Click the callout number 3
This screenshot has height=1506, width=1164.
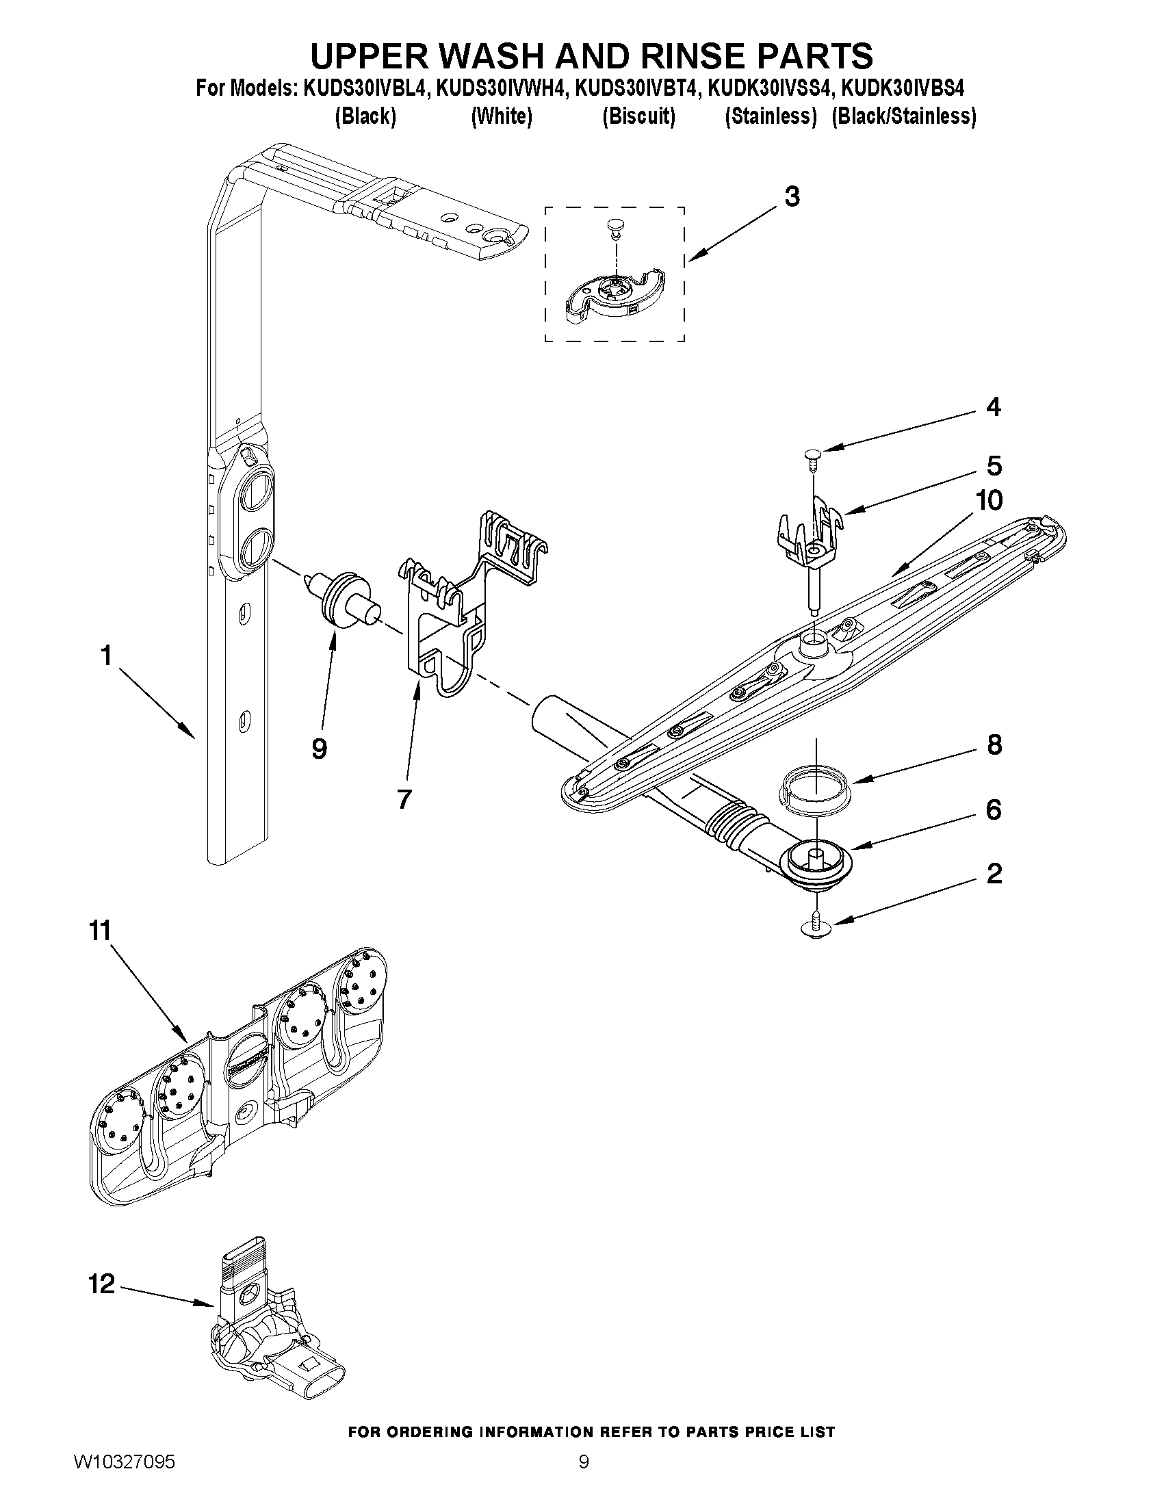click(x=792, y=197)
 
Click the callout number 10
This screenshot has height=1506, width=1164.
click(x=989, y=501)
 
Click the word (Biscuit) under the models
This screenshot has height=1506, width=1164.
click(x=638, y=116)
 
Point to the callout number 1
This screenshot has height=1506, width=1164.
click(x=106, y=655)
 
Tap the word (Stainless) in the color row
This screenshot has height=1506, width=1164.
click(x=771, y=116)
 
